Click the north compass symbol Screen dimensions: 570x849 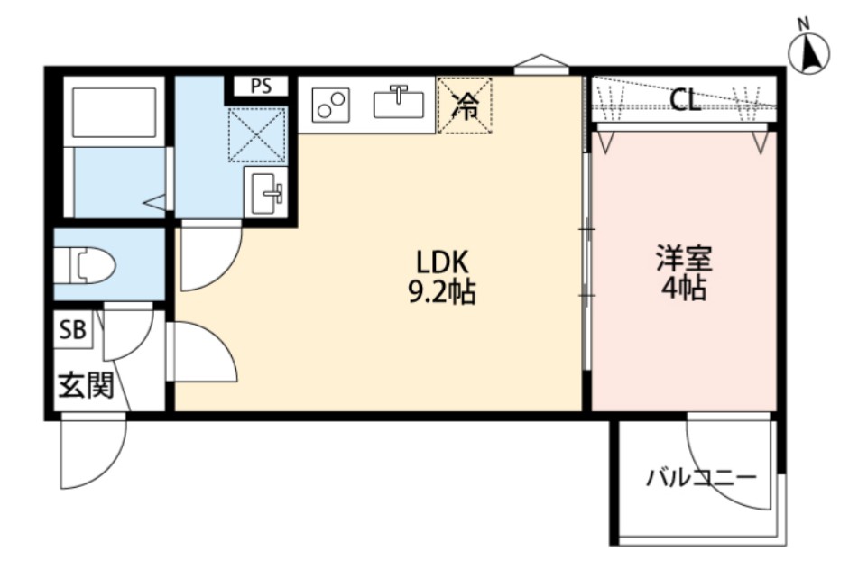tap(809, 53)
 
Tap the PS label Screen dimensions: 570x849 tap(261, 87)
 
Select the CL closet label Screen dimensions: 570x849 tap(686, 100)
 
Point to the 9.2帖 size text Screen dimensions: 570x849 tap(441, 292)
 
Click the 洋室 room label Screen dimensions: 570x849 tap(684, 260)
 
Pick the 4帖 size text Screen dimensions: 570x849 tap(684, 290)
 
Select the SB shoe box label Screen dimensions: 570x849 tap(73, 330)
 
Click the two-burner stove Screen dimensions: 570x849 tap(331, 106)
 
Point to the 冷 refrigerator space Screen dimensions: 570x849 tap(466, 106)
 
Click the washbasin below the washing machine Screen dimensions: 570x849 tap(266, 192)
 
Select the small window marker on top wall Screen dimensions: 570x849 tap(541, 63)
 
